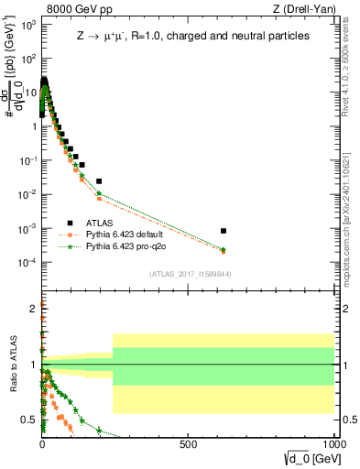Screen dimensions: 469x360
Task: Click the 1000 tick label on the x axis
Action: click(x=332, y=446)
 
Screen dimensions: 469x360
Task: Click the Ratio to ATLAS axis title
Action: click(x=14, y=365)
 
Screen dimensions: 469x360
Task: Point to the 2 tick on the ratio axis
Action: click(x=34, y=308)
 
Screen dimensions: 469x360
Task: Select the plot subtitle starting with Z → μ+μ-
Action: click(x=192, y=35)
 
